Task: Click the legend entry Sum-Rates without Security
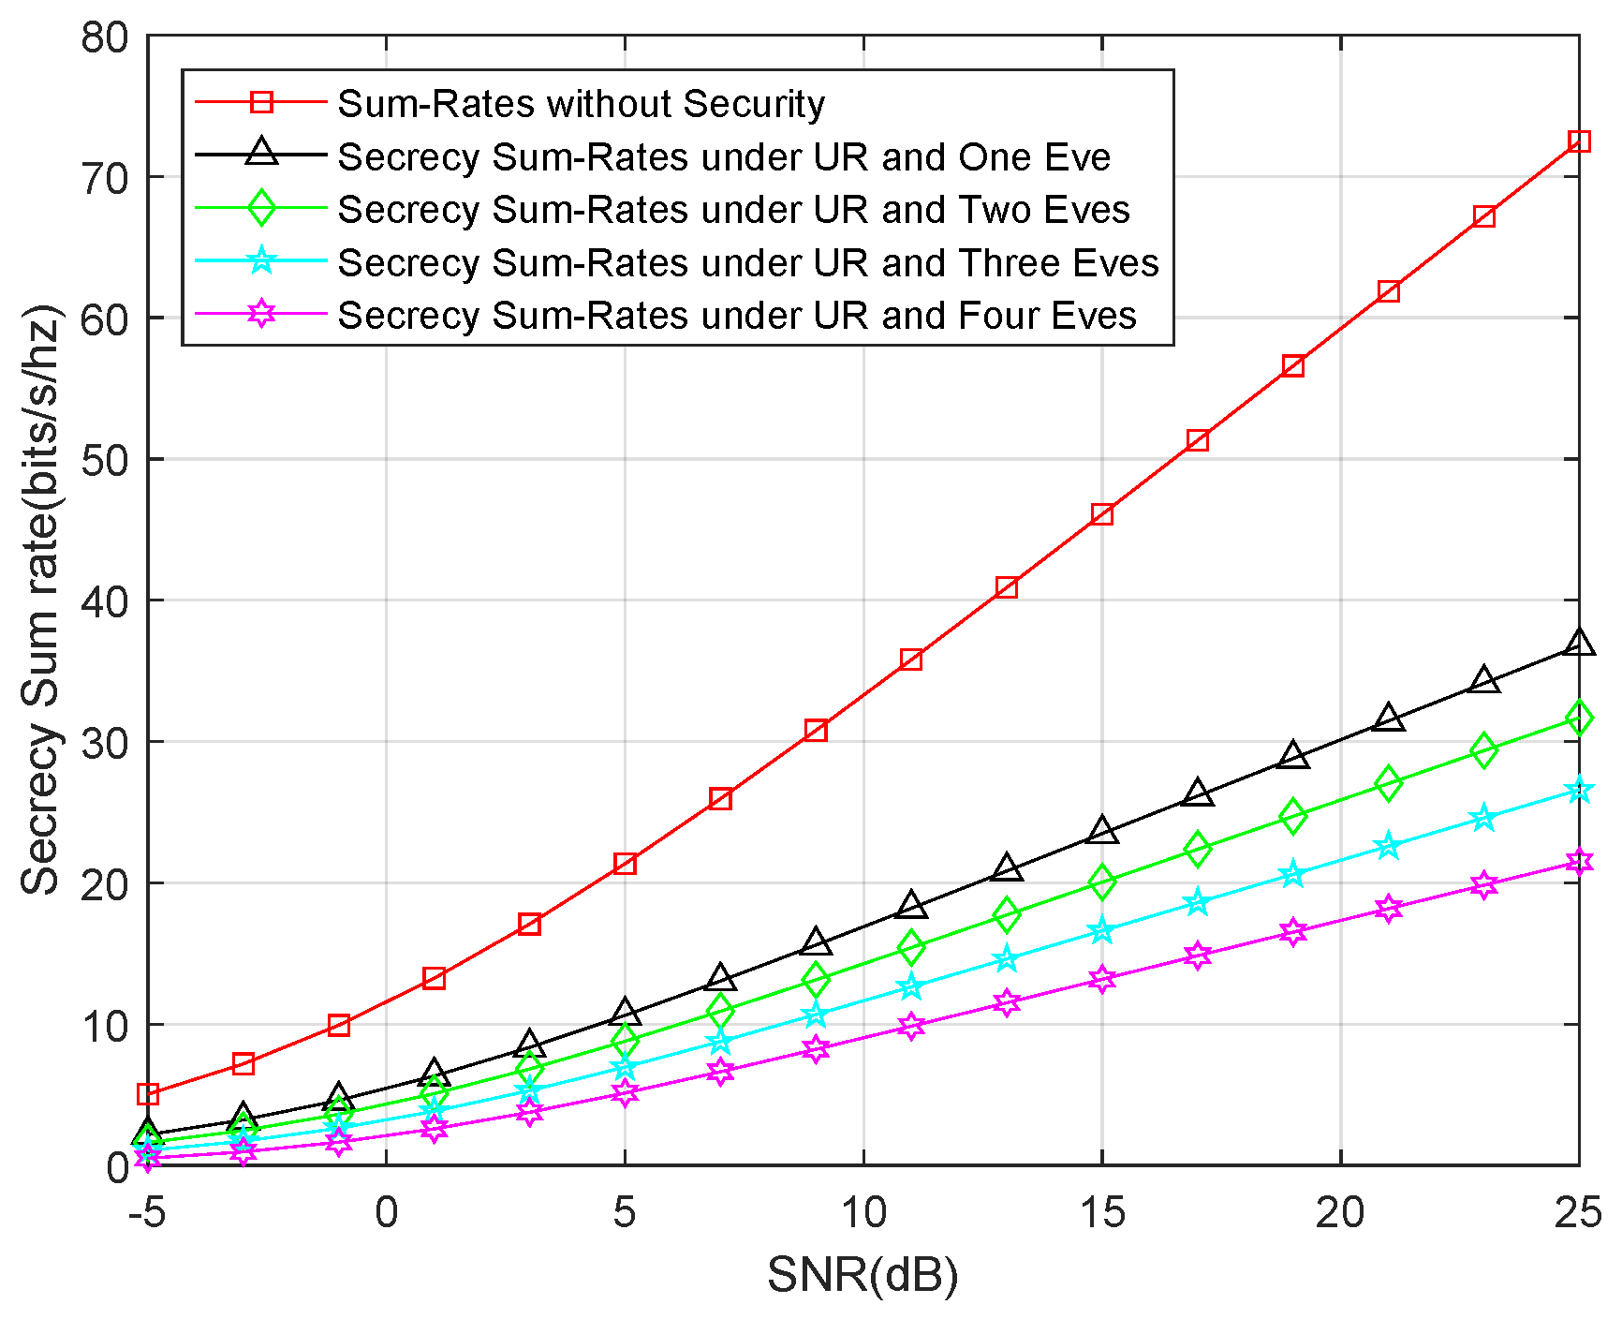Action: pyautogui.click(x=581, y=103)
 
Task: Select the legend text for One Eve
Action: pyautogui.click(x=723, y=156)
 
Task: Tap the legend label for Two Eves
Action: pyautogui.click(x=733, y=209)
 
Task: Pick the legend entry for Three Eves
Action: pyautogui.click(x=747, y=262)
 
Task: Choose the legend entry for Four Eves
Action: pyautogui.click(x=736, y=315)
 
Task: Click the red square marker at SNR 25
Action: pyautogui.click(x=1579, y=141)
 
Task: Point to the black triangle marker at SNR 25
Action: pyautogui.click(x=1579, y=644)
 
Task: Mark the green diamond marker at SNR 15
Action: pyautogui.click(x=1102, y=881)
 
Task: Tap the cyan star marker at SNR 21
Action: pyautogui.click(x=1388, y=846)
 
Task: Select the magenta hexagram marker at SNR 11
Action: pyautogui.click(x=911, y=1025)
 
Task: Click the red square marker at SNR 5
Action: pyautogui.click(x=625, y=863)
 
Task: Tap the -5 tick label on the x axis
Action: pyautogui.click(x=147, y=1213)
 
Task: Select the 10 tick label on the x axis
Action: pyautogui.click(x=863, y=1213)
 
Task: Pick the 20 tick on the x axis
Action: pyautogui.click(x=1340, y=1213)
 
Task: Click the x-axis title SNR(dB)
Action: pyautogui.click(x=863, y=1275)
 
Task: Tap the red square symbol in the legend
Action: pyautogui.click(x=261, y=102)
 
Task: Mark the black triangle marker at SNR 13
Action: pyautogui.click(x=1007, y=868)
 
